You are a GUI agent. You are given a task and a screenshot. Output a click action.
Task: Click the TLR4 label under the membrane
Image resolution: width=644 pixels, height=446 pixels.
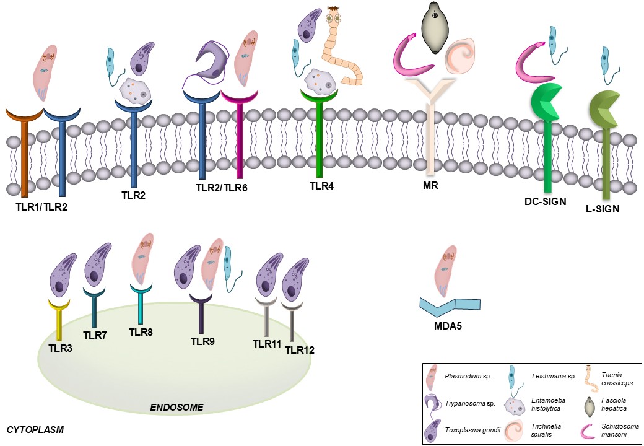click(x=321, y=185)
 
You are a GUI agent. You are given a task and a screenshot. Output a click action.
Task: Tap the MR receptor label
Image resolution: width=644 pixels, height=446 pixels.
click(x=429, y=185)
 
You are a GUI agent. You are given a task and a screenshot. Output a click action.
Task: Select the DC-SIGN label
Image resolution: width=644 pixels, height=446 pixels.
click(x=545, y=200)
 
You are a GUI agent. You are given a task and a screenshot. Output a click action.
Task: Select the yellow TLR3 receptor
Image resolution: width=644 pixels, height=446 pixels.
click(x=59, y=319)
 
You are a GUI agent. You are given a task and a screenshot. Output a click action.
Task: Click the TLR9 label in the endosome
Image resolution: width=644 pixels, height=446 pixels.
click(x=202, y=341)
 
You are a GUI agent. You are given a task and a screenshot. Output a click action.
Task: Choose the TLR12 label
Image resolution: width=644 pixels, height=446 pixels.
click(x=300, y=350)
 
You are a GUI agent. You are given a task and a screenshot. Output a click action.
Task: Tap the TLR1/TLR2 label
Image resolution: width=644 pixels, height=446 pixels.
click(x=41, y=206)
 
